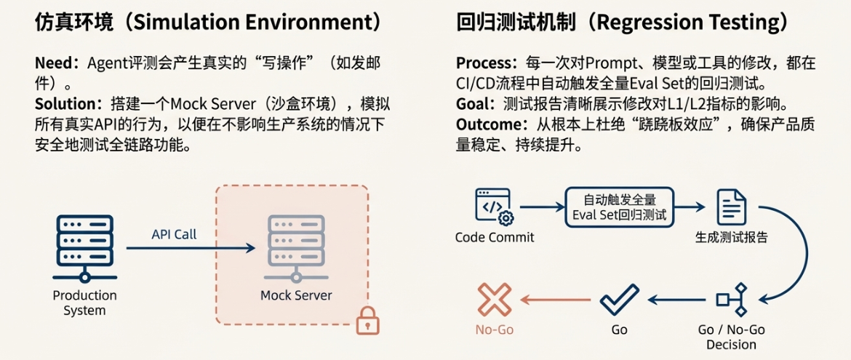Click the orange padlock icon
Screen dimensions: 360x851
pyautogui.click(x=368, y=320)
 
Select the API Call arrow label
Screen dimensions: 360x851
pyautogui.click(x=174, y=234)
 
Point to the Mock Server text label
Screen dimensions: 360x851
pyautogui.click(x=296, y=295)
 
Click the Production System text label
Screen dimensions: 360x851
pyautogui.click(x=84, y=303)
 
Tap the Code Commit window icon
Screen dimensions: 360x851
pyautogui.click(x=494, y=206)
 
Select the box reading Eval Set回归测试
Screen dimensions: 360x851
pyautogui.click(x=619, y=207)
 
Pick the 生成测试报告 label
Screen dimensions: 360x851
pyautogui.click(x=732, y=238)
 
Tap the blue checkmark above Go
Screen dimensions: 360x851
pyautogui.click(x=619, y=299)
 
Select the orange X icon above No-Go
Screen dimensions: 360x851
pyautogui.click(x=494, y=299)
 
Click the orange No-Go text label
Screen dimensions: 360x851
pyautogui.click(x=494, y=329)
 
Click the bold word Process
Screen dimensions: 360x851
pyautogui.click(x=483, y=63)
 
